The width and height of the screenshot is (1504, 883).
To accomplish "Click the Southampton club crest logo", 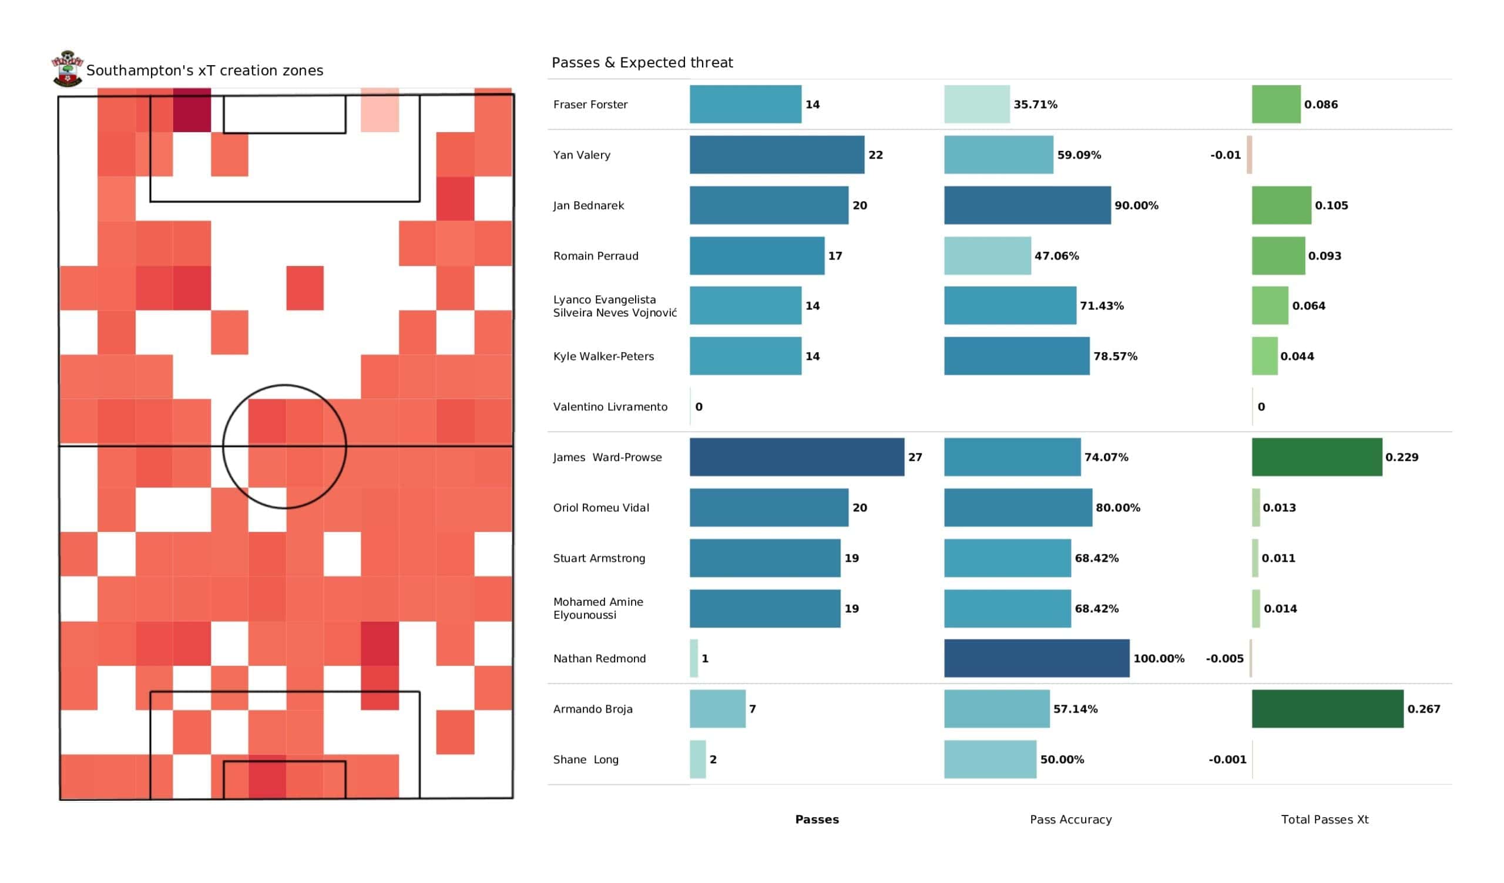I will [x=68, y=69].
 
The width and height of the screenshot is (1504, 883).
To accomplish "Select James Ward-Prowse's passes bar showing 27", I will [x=796, y=457].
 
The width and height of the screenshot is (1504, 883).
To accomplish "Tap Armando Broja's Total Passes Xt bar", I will [x=1327, y=709].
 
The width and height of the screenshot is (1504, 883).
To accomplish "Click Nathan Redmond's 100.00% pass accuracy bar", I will [x=1036, y=658].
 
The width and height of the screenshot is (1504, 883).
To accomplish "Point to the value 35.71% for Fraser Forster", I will [x=1035, y=105].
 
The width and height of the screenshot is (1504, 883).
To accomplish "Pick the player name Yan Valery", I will [x=581, y=155].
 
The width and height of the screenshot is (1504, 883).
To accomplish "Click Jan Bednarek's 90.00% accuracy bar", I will [x=1026, y=205].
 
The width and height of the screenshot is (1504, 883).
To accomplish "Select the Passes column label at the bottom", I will [x=817, y=819].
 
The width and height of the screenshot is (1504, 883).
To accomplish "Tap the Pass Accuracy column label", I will [x=1070, y=819].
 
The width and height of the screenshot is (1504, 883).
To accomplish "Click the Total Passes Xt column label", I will [x=1324, y=819].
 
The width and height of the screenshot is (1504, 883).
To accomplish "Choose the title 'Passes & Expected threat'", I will [x=642, y=63].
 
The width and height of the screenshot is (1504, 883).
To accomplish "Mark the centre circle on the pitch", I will [x=284, y=446].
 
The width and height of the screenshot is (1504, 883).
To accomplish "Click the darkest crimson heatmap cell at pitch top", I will [x=192, y=110].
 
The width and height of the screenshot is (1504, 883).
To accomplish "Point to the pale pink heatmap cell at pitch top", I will [x=380, y=110].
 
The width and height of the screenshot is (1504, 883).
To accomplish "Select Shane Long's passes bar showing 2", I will [x=697, y=759].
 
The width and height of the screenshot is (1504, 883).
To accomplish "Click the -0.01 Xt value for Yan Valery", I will [x=1225, y=155].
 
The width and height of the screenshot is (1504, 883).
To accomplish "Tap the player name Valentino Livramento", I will [x=610, y=407].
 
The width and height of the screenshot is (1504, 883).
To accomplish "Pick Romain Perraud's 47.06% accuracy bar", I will [x=987, y=256].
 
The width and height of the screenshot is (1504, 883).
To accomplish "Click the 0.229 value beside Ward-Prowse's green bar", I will [x=1401, y=457].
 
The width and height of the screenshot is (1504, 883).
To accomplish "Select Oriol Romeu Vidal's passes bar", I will [x=768, y=508].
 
